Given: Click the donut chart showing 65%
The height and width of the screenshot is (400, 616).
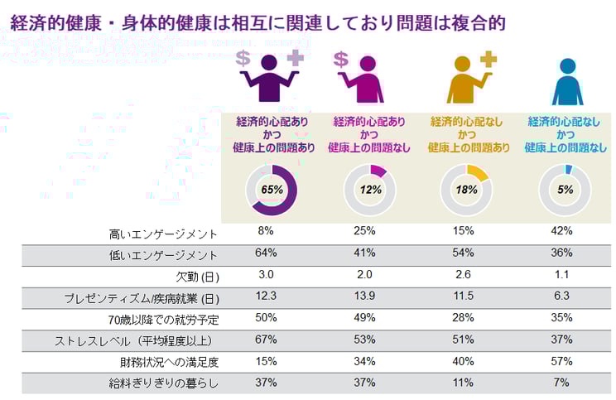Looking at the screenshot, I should click(272, 190).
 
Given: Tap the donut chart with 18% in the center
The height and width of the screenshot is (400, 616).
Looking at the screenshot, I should click(466, 190).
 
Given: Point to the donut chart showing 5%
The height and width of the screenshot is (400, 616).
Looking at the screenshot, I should click(564, 190).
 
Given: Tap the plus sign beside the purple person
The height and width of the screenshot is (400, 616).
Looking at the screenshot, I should click(296, 57).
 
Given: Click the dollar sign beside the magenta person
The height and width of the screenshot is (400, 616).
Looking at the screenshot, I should click(340, 59).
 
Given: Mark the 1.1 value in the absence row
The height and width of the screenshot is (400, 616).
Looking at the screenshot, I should click(563, 275).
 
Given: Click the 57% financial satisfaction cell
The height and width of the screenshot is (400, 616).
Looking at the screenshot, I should click(563, 361).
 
